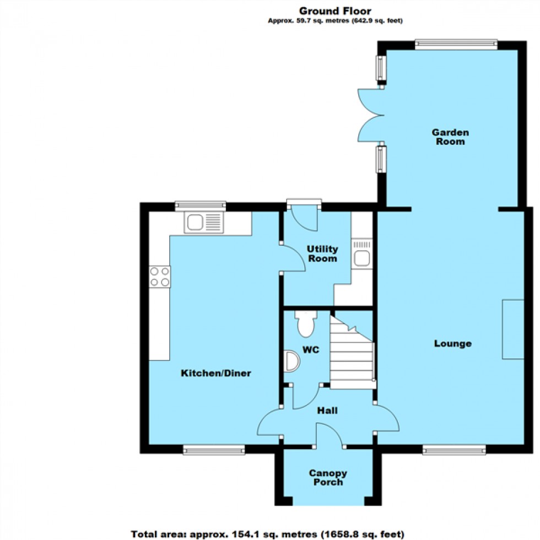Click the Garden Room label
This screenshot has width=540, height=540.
click(450, 137)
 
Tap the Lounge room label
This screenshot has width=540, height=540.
click(452, 344)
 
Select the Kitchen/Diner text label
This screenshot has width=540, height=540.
click(216, 374)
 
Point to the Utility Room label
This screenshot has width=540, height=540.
click(322, 254)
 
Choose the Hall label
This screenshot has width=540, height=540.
click(327, 411)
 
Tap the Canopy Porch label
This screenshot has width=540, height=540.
click(327, 478)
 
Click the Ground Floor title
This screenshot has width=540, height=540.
click(335, 10)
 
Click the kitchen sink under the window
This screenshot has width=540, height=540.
click(206, 223)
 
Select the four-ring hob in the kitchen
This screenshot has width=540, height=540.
click(159, 276)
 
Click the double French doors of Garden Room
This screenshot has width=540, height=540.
click(370, 116)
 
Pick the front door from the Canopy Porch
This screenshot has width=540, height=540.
click(329, 435)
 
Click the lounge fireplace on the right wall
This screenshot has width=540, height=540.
click(512, 330)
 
